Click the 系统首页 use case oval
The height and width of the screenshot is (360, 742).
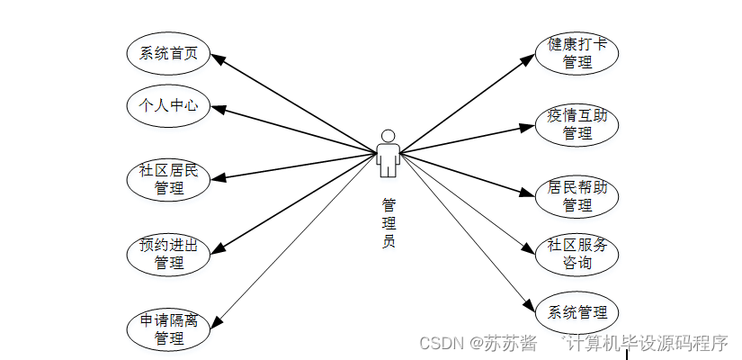point(168,54)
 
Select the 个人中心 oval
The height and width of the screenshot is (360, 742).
point(168,106)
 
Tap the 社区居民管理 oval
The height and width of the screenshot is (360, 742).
point(168,179)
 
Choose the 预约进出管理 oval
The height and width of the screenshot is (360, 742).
point(168,254)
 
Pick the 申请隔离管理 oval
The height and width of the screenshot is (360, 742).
point(168,329)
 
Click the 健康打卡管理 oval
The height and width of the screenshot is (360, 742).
point(577,53)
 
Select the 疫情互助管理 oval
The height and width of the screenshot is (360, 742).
point(577,124)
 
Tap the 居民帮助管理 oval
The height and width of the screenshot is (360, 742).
point(577,196)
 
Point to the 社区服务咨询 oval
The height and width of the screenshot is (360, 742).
point(577,254)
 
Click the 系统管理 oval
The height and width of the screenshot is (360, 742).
point(577,313)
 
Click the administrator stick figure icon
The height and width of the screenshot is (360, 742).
point(388,153)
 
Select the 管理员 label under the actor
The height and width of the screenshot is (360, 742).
point(388,222)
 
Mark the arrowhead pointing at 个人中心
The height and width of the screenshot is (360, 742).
point(217,109)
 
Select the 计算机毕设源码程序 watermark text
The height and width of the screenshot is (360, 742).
point(646,343)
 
